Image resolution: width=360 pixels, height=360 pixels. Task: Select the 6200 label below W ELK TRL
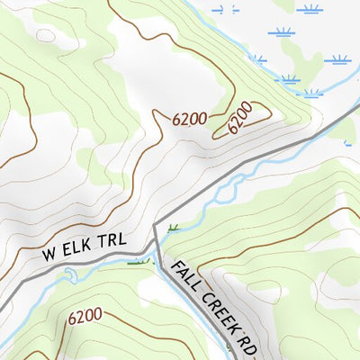pyautogui.click(x=85, y=316)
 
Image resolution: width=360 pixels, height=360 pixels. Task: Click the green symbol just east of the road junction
pyautogui.click(x=173, y=227)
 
